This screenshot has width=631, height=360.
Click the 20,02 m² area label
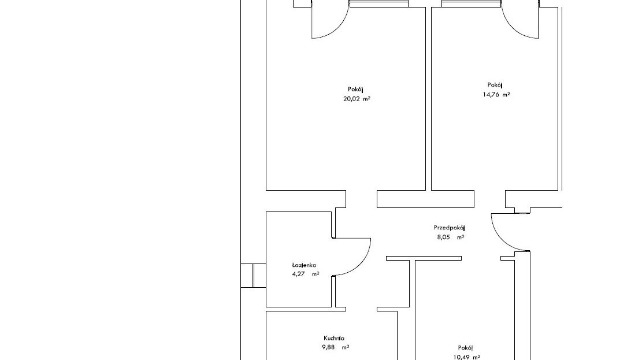(357, 99)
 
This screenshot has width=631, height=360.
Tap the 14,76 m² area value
(496, 95)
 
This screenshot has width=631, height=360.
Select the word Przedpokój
(449, 228)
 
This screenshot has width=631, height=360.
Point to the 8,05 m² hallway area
(451, 237)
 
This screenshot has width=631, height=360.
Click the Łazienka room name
(304, 265)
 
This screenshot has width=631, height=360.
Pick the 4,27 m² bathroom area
(306, 274)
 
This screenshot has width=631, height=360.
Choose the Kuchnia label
(333, 338)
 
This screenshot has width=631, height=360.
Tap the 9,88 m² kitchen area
(335, 347)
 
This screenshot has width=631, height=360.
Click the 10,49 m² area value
(466, 357)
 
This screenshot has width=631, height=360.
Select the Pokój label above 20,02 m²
(356, 90)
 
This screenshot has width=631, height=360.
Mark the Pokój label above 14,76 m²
(495, 85)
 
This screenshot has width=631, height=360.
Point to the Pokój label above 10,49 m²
(465, 348)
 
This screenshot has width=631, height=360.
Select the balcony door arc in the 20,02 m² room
(339, 28)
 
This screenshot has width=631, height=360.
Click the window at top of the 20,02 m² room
(378, 3)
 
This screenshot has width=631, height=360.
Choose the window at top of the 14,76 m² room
(472, 3)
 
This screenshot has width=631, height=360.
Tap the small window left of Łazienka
(254, 276)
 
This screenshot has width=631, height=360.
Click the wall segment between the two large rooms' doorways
(425, 199)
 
